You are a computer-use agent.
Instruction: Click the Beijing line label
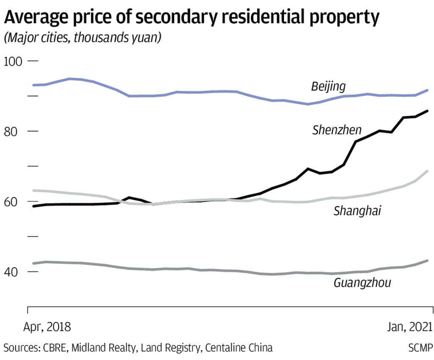328,87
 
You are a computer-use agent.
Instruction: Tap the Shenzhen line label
337,130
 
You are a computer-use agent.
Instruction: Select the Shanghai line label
357,210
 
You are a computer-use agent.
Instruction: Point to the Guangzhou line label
362,282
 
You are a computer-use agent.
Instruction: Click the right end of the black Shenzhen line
427,111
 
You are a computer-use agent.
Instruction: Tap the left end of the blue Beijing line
33,85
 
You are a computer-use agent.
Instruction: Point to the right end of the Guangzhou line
427,261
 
